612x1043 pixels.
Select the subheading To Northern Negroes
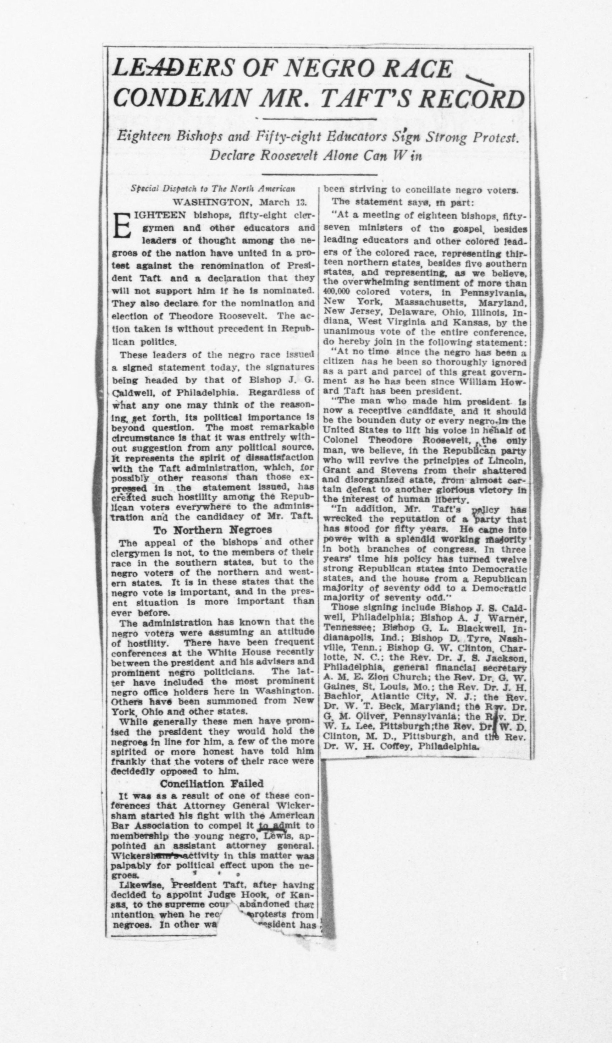pyautogui.click(x=212, y=530)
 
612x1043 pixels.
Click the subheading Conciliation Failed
pyautogui.click(x=211, y=784)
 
